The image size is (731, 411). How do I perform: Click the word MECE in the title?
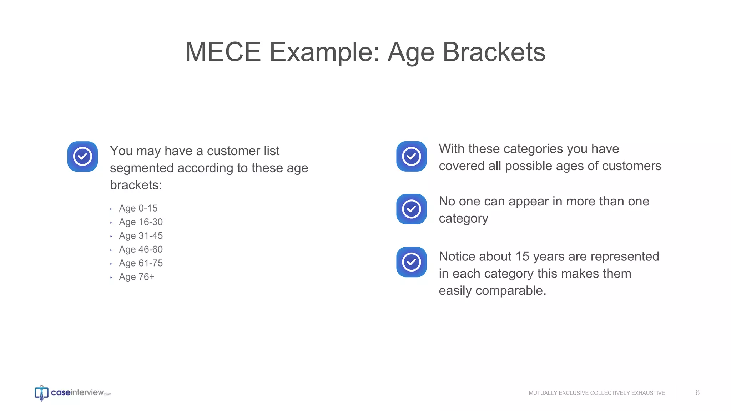223,52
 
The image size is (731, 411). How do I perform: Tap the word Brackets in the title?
494,52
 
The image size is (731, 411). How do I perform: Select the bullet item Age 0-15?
138,208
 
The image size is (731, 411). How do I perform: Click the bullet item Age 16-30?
141,222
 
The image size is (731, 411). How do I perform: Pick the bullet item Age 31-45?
141,236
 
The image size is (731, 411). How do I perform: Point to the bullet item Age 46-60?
141,249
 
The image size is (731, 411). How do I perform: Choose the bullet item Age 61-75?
141,263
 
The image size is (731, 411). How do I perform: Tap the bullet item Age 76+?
136,277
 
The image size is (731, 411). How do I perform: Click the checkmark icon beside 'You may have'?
82,157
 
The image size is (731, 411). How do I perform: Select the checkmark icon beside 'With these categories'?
411,156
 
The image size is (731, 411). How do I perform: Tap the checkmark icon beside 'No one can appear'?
411,209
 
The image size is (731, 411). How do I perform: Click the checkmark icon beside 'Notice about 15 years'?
411,262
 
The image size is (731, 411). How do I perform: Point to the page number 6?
697,393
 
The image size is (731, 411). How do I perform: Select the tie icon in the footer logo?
41,394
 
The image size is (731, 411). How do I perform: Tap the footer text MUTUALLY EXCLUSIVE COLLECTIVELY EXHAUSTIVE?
597,393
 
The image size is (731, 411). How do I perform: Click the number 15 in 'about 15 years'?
522,257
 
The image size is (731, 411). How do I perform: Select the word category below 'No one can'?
463,218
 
